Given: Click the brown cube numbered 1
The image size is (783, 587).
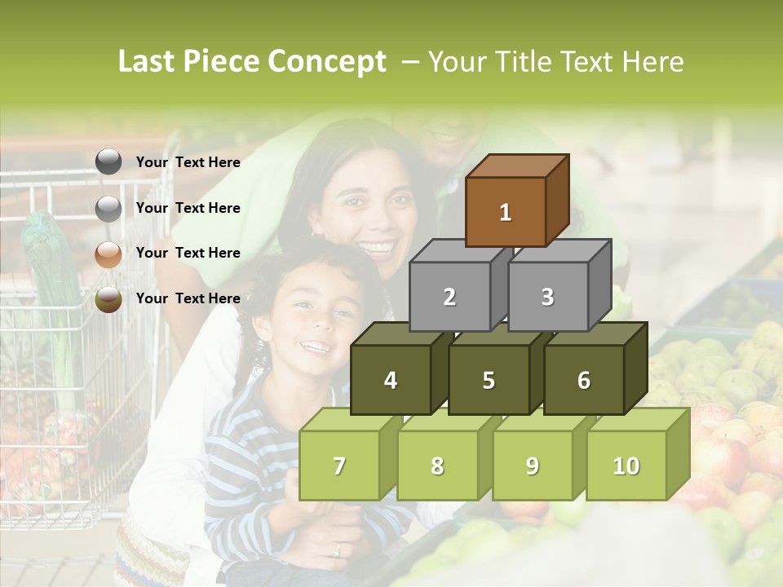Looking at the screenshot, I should click(505, 212).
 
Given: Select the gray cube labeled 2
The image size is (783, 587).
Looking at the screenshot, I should click(449, 297).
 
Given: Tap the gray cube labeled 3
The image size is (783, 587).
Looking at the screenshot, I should click(547, 297).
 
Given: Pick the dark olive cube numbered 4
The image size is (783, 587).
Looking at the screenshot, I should click(391, 380).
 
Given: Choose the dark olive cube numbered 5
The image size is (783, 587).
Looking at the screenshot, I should click(488, 380).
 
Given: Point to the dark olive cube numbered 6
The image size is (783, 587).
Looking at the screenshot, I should click(583, 380).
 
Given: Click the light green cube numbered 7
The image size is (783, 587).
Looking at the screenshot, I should click(339, 466).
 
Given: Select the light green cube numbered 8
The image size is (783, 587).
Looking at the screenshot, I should click(437, 466).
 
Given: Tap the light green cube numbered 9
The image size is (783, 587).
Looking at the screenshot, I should click(532, 466).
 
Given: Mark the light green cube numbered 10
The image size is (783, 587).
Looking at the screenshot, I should click(626, 466).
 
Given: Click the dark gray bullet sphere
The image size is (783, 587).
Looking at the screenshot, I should click(108, 162).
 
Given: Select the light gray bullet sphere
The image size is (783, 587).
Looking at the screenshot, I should click(108, 209).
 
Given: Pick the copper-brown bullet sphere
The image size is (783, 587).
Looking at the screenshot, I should click(108, 254).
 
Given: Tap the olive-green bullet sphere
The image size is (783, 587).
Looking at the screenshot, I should click(108, 299).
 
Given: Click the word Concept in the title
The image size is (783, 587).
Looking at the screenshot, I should click(326, 62).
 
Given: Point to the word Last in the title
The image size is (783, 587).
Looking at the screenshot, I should click(146, 62).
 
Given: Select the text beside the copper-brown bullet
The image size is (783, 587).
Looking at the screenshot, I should click(188, 253).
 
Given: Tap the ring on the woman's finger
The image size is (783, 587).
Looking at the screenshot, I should click(337, 551).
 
